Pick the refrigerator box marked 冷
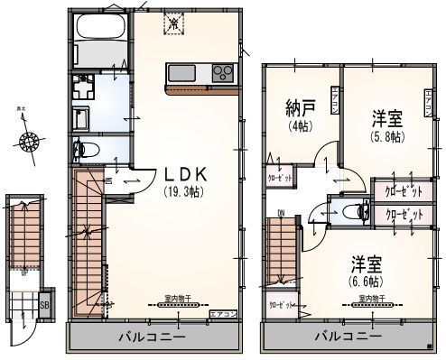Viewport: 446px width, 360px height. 174,26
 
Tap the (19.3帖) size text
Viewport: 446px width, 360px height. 183,191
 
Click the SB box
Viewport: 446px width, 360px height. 44,305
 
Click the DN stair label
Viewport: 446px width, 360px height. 281,214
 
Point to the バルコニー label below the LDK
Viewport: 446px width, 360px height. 152,337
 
